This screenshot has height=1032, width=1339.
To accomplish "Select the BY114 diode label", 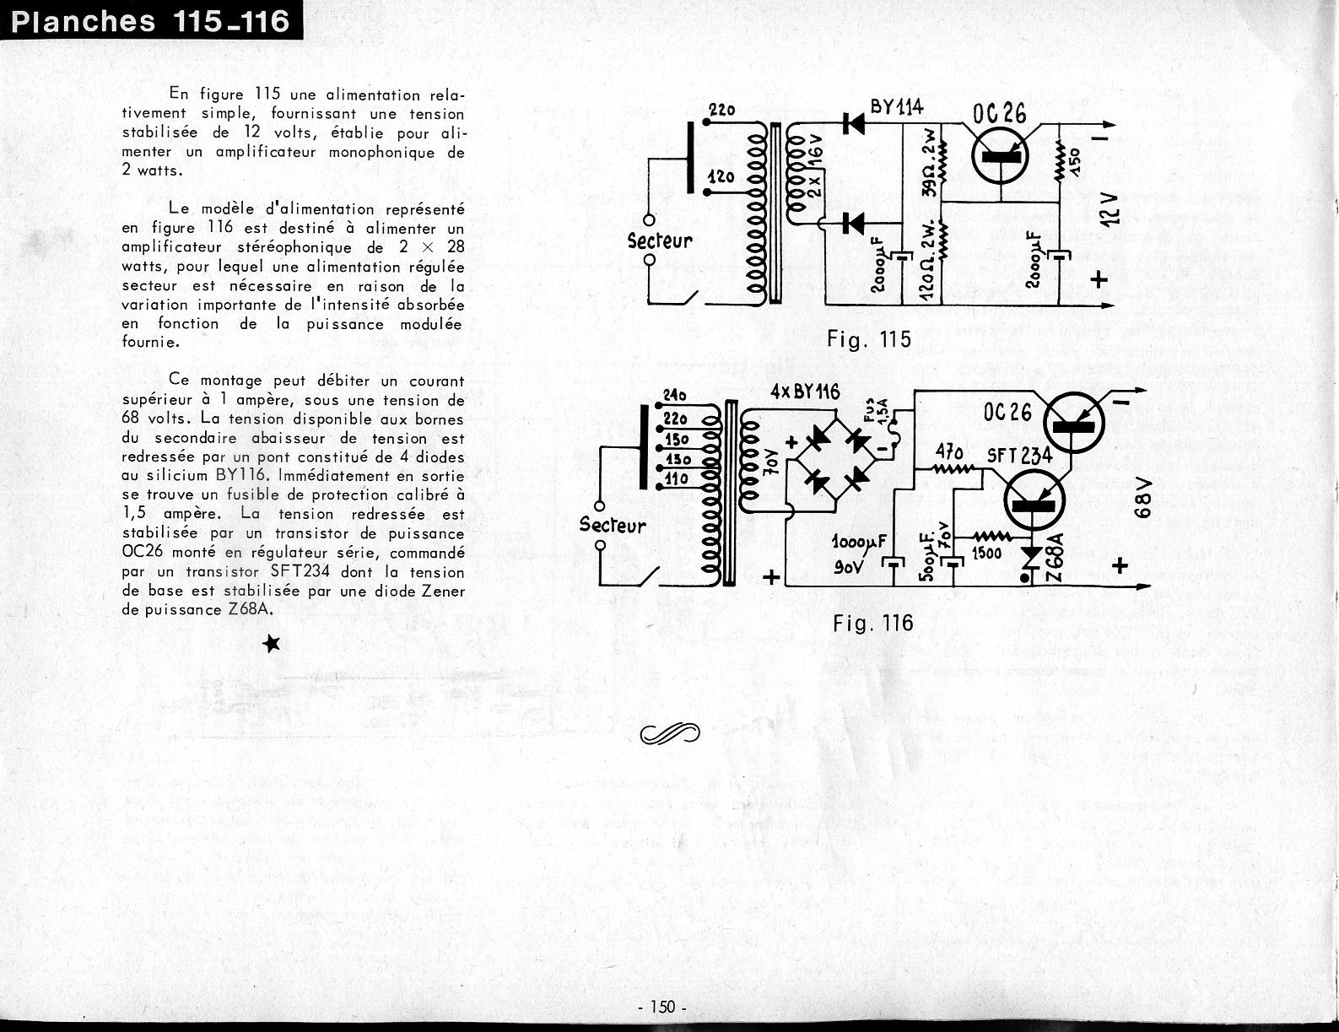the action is (896, 107).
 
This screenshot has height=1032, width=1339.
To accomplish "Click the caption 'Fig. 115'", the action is (869, 339).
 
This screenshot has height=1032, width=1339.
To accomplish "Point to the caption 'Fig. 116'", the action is (872, 623).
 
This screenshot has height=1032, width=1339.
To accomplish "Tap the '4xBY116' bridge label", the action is (805, 392).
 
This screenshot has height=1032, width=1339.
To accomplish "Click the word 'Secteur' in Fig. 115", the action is (659, 240).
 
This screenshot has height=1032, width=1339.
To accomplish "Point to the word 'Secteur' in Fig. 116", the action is (612, 525).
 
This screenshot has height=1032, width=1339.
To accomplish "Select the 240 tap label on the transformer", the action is (675, 396).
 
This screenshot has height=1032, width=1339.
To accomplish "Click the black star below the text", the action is (272, 645).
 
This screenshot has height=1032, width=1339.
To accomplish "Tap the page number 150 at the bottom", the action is (663, 1007).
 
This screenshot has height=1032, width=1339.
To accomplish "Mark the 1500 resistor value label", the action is (985, 553).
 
